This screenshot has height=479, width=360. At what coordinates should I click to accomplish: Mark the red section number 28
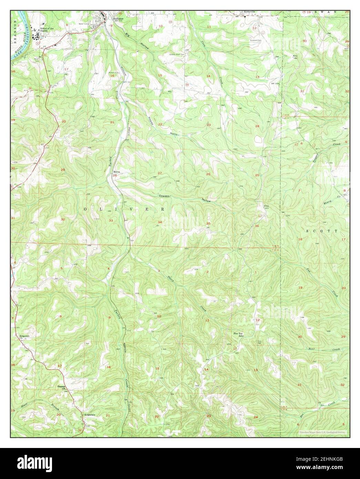coord(115,175)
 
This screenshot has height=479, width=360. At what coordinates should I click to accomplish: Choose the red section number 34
coord(160,222)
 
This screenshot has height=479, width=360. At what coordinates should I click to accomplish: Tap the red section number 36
coord(257,226)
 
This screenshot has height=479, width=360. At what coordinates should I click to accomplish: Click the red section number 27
coord(160,173)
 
